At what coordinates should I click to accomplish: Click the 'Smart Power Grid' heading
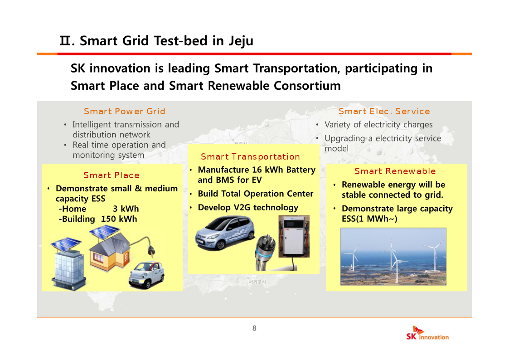coord(125,112)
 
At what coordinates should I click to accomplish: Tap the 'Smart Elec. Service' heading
coord(384,112)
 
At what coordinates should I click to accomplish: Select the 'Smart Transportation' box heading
coord(250,157)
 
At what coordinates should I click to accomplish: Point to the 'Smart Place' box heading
coord(111,175)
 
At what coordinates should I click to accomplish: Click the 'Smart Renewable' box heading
coord(395,171)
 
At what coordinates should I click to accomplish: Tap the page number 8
coord(255,328)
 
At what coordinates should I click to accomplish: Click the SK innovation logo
coord(427,333)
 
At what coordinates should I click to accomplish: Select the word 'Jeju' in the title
coord(241,41)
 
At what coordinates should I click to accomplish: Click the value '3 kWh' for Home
coord(126,209)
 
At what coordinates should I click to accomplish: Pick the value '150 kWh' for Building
coord(119,219)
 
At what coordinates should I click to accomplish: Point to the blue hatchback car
coord(225,233)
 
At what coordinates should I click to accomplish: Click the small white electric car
coord(147,275)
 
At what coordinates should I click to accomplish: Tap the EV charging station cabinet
coord(294,236)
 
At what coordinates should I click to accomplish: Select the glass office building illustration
coord(68,263)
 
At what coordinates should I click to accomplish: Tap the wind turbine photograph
coord(393,257)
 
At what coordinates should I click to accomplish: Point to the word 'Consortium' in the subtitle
coord(307,86)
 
